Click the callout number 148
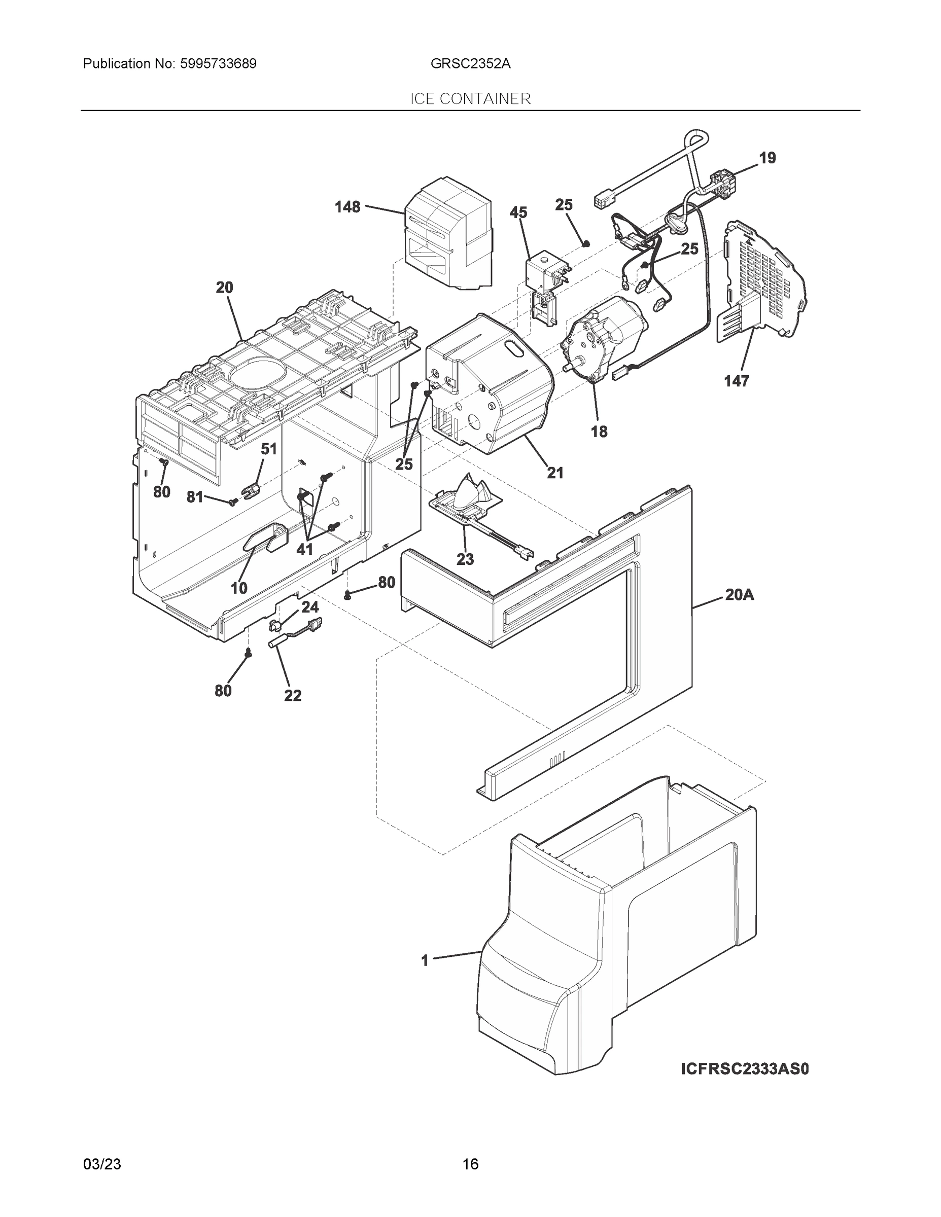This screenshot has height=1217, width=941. (x=347, y=207)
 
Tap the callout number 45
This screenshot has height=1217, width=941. (x=518, y=212)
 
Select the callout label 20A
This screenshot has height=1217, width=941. (x=739, y=595)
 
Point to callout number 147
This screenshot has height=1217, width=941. (x=736, y=381)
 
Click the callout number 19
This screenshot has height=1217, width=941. (x=767, y=158)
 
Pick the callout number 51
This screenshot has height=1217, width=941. (x=269, y=449)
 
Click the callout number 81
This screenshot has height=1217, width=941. (x=195, y=497)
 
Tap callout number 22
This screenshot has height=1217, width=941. (x=293, y=695)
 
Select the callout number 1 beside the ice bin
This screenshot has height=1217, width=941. (x=425, y=960)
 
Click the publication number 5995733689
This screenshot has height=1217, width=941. (x=218, y=63)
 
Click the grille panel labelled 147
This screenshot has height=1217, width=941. (x=764, y=278)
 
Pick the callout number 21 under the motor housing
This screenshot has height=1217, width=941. (x=554, y=473)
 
